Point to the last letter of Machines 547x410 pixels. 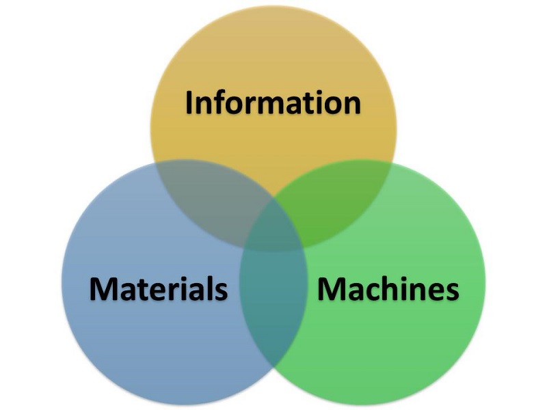pyautogui.click(x=451, y=290)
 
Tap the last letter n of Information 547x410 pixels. pyautogui.click(x=350, y=105)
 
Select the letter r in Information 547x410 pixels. pyautogui.click(x=254, y=105)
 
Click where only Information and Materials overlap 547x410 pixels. pyautogui.click(x=205, y=198)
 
